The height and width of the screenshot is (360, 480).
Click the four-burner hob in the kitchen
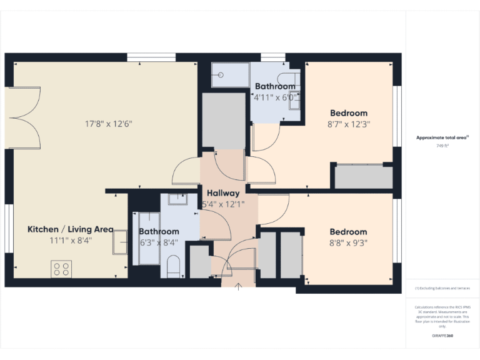pos(61,269)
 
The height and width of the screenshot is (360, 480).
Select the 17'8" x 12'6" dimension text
pos(109,124)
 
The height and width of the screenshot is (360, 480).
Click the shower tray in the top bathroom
pos(229,75)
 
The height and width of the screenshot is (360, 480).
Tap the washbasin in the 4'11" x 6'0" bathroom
pos(294,100)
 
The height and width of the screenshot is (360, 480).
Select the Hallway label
pos(223,193)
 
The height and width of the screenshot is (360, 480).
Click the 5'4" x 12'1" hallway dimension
pos(223,204)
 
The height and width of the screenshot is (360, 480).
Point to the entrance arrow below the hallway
pos(239,287)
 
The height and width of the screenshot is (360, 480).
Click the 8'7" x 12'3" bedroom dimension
pos(349,124)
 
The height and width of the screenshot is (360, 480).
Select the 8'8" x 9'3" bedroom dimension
pos(349,242)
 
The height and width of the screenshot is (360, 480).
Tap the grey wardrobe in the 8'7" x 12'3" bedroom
pos(363,177)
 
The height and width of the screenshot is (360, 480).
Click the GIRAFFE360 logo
pos(442,336)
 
